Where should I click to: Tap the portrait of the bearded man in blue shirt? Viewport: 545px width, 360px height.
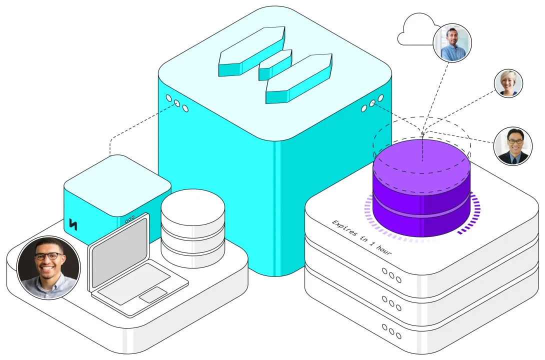point(452,43)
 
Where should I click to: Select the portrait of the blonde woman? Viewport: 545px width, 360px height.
point(508,83)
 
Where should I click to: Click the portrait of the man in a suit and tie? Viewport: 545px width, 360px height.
point(512,146)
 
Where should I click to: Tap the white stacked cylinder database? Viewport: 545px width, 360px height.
point(192,227)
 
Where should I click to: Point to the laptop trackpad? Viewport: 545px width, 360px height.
point(153,295)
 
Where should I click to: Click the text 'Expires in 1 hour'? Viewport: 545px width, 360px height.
point(361,237)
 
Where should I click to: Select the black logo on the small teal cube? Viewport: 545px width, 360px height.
point(73,224)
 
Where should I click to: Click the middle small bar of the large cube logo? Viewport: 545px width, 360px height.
point(274,64)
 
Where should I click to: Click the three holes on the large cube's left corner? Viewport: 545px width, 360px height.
point(176,103)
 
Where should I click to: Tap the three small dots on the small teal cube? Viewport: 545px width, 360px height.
point(129,219)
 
